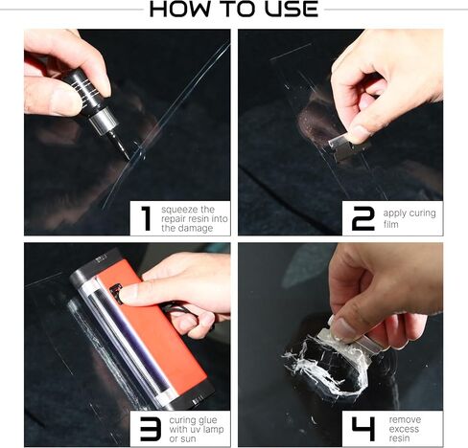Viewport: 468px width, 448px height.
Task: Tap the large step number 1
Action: pyautogui.click(x=145, y=218)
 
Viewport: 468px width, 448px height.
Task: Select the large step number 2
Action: pyautogui.click(x=363, y=217)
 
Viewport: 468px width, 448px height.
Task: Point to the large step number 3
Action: pyautogui.click(x=147, y=428)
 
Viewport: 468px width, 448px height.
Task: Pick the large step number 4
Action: pyautogui.click(x=363, y=428)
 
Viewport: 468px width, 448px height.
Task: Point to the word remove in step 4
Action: pyautogui.click(x=405, y=417)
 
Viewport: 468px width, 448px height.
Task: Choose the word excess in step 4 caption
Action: pyautogui.click(x=405, y=428)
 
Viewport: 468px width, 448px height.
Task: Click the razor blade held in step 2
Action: pyautogui.click(x=342, y=142)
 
